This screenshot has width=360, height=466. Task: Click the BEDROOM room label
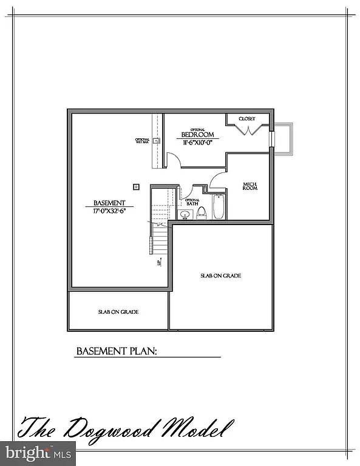coord(198,135)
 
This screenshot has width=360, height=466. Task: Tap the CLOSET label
coord(246,118)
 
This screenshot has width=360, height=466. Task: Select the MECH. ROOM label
coord(250,186)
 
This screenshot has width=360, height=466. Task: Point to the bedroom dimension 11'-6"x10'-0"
coord(198,143)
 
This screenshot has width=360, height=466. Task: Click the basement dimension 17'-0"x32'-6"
coord(109,211)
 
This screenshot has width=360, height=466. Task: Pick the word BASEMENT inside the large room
coord(109,203)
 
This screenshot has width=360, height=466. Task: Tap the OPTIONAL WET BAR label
coord(142,141)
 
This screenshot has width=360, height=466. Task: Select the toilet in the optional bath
coord(202,212)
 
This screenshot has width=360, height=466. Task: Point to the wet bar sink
coord(156,141)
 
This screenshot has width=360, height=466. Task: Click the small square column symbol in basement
coord(136,187)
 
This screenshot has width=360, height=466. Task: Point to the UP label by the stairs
coord(158,263)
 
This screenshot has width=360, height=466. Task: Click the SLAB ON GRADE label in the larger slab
coord(220,275)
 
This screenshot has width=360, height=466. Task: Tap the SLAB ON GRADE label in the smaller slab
coord(118,312)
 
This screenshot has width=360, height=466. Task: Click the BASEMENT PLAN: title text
coord(117,351)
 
